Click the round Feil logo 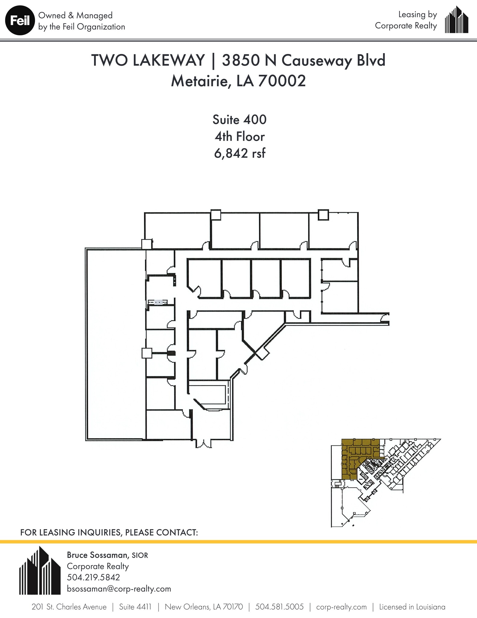[x=20, y=21]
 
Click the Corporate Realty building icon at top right [x=457, y=20]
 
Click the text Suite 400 [x=240, y=119]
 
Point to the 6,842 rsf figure [x=240, y=153]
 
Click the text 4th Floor [x=240, y=137]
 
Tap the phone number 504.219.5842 [x=93, y=577]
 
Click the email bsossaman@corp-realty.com [x=119, y=589]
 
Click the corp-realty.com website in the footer [x=341, y=607]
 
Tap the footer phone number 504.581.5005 [x=279, y=607]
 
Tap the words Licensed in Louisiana [x=412, y=607]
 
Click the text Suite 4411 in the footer [x=135, y=607]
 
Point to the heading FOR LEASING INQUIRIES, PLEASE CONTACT [x=109, y=532]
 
